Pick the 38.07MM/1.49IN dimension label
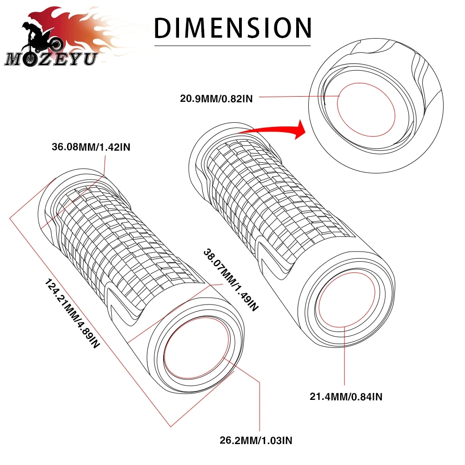230,279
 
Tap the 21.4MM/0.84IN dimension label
346,397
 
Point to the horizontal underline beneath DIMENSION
232,46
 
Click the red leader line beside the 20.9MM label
298,97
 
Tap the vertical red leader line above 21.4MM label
344,358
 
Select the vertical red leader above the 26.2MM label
259,405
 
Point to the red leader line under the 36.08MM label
104,172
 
